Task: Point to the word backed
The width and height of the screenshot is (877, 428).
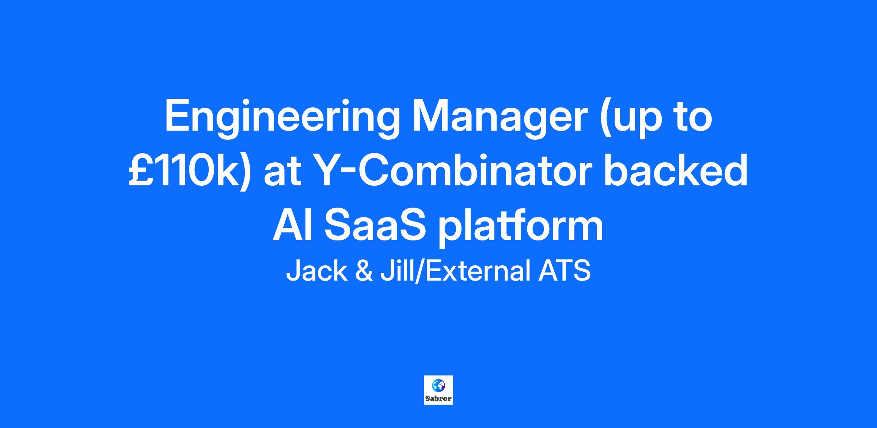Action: pyautogui.click(x=676, y=170)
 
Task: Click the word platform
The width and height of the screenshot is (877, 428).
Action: pyautogui.click(x=521, y=227)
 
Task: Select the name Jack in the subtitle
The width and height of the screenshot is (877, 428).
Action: pyautogui.click(x=317, y=271)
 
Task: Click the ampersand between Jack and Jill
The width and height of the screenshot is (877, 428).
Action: pyautogui.click(x=364, y=271)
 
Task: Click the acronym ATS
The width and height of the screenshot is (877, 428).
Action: pyautogui.click(x=564, y=271)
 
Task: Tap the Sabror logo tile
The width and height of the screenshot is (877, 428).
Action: pyautogui.click(x=438, y=390)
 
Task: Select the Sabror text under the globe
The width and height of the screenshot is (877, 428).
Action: pyautogui.click(x=438, y=398)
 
